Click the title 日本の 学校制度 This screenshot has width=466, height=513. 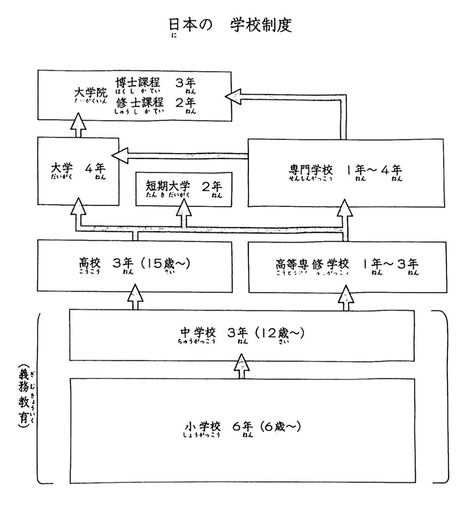click(230, 26)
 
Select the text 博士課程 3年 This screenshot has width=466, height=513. click(156, 84)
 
